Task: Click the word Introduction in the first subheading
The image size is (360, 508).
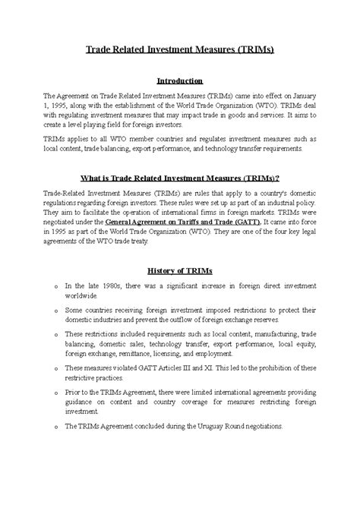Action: (x=179, y=80)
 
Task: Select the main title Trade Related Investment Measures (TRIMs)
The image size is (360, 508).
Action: (x=179, y=50)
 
